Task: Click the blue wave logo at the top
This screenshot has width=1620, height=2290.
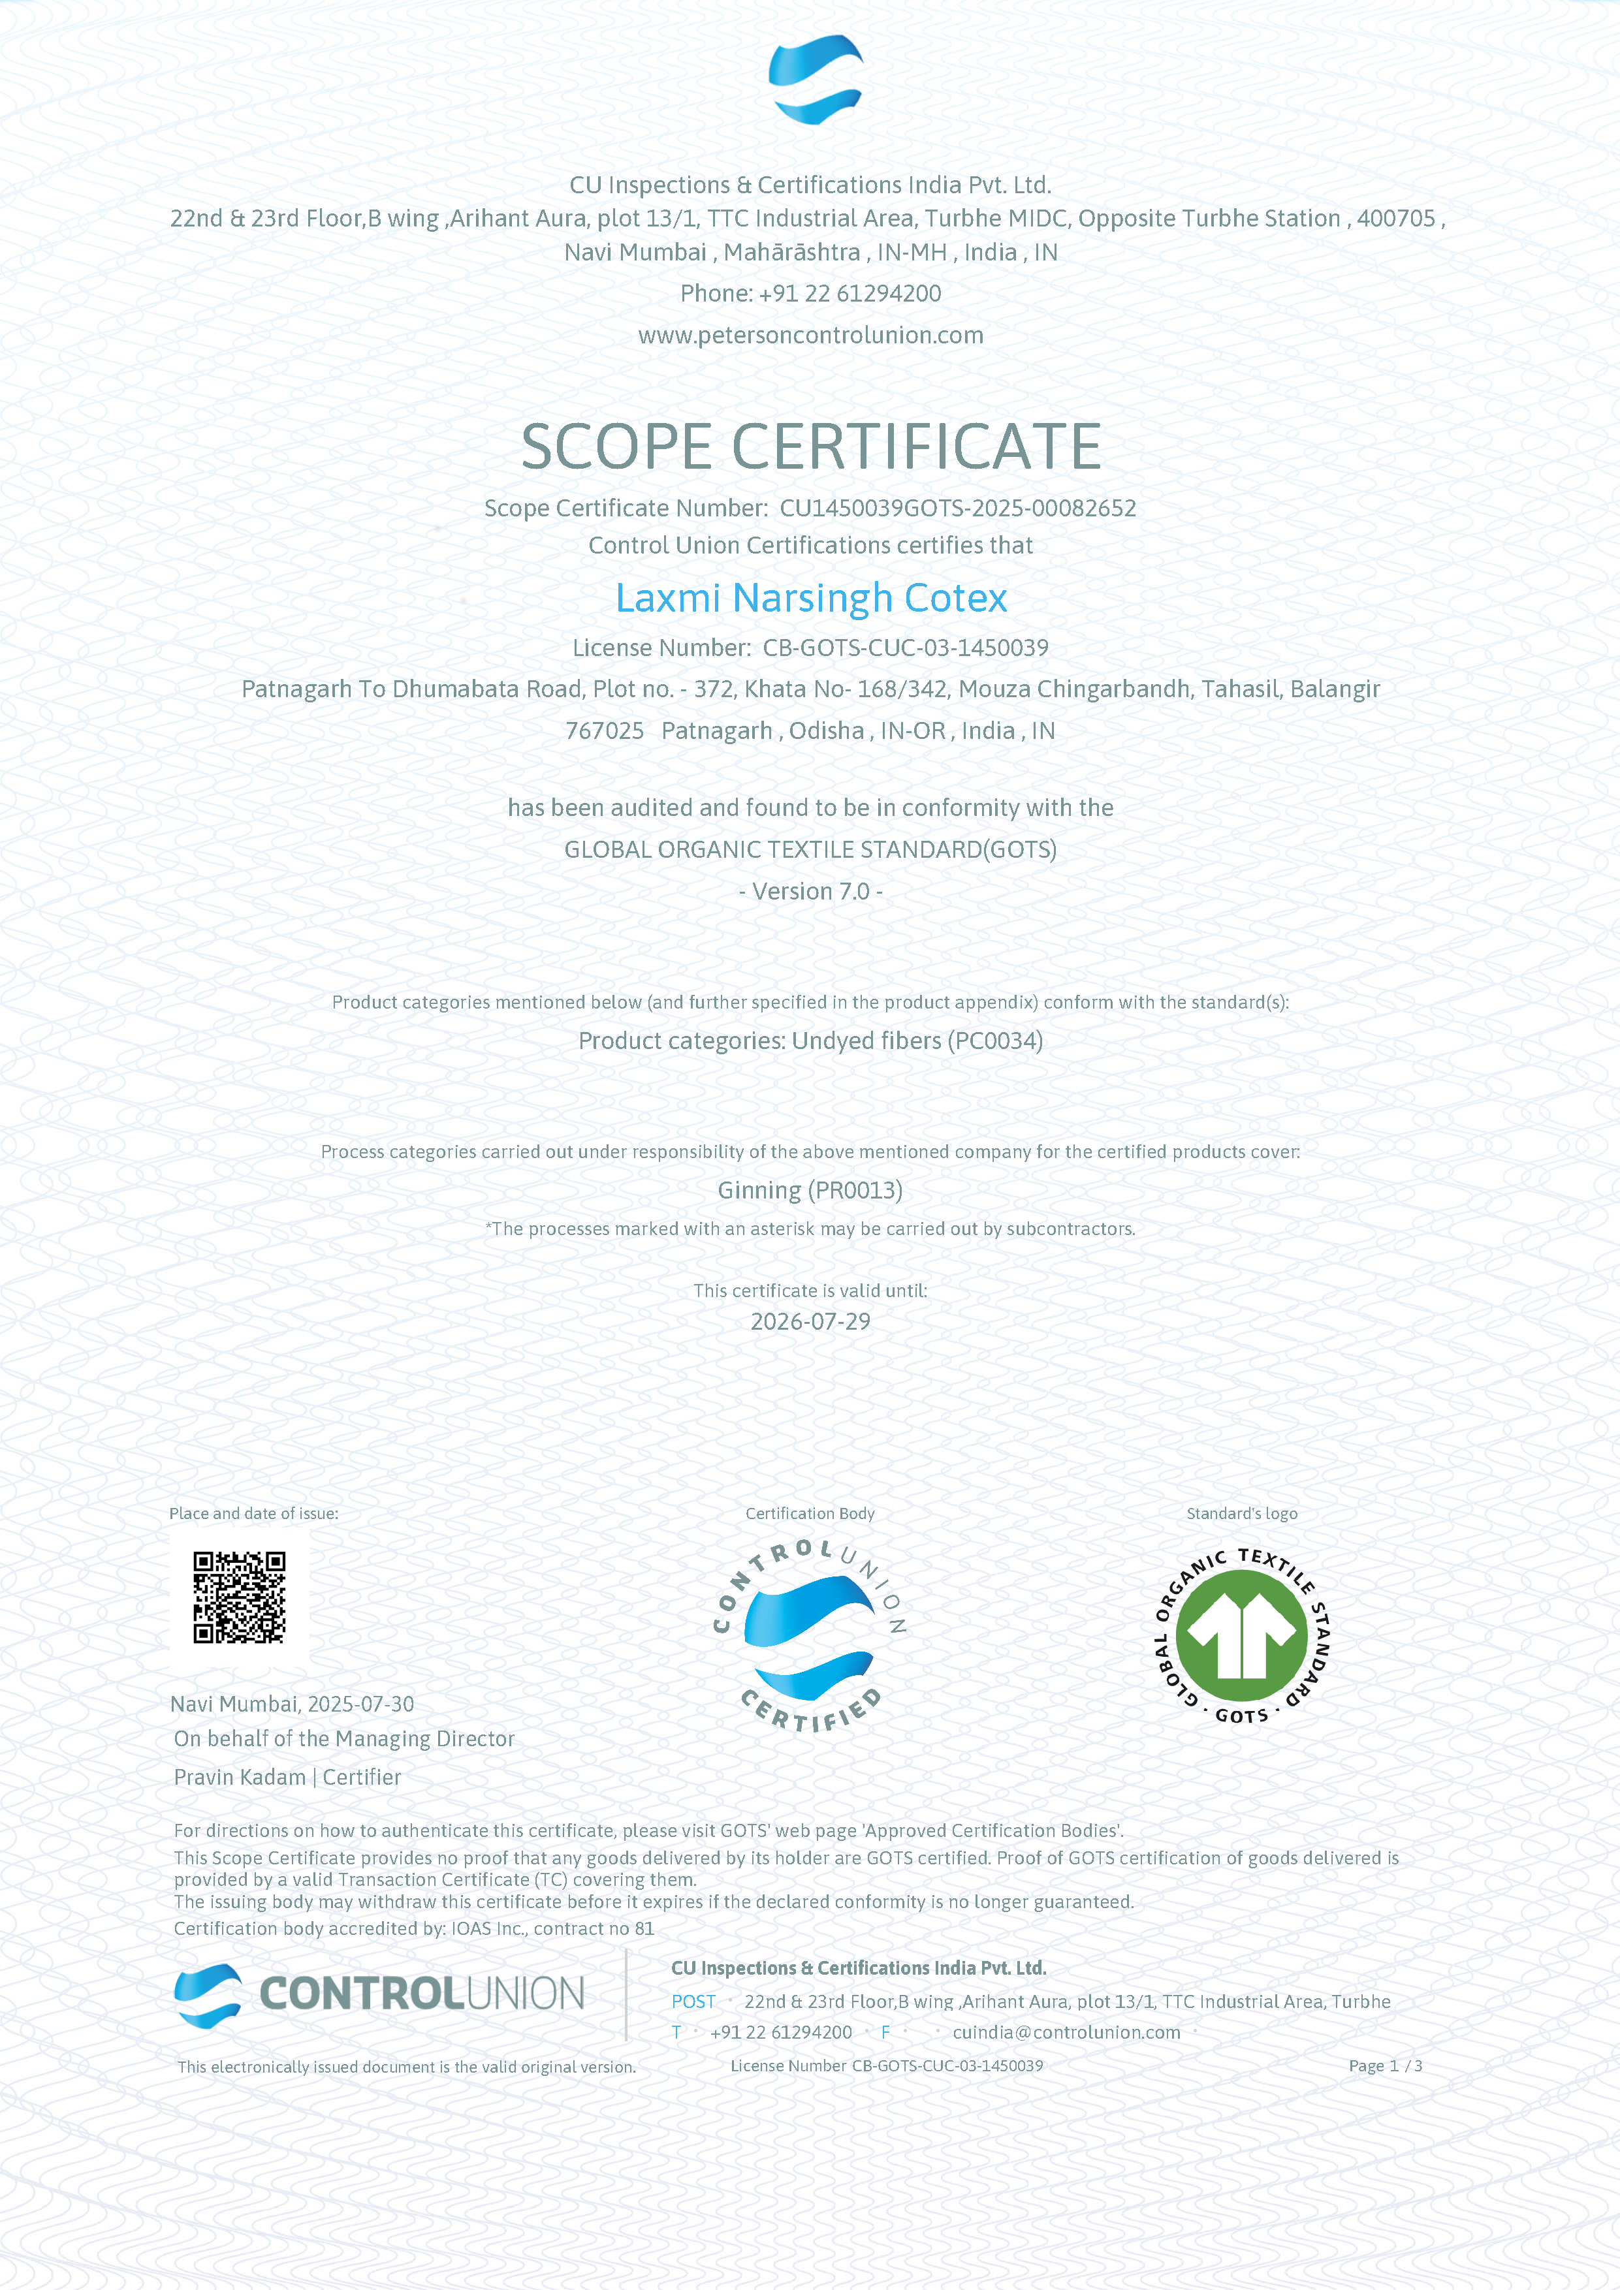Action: pos(815,80)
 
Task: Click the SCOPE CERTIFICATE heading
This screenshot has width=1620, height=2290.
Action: pos(810,446)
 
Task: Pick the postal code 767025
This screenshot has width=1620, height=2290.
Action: pos(605,731)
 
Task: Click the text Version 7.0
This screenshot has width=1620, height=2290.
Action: pos(810,892)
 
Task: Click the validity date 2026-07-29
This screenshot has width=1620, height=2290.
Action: pos(810,1323)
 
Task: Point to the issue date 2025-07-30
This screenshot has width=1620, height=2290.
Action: pos(360,1704)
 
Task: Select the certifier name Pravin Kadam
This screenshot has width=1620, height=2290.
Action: pos(240,1778)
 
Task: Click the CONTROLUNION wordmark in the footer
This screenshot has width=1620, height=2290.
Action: pos(421,1994)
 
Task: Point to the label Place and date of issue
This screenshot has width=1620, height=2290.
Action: pos(253,1514)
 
